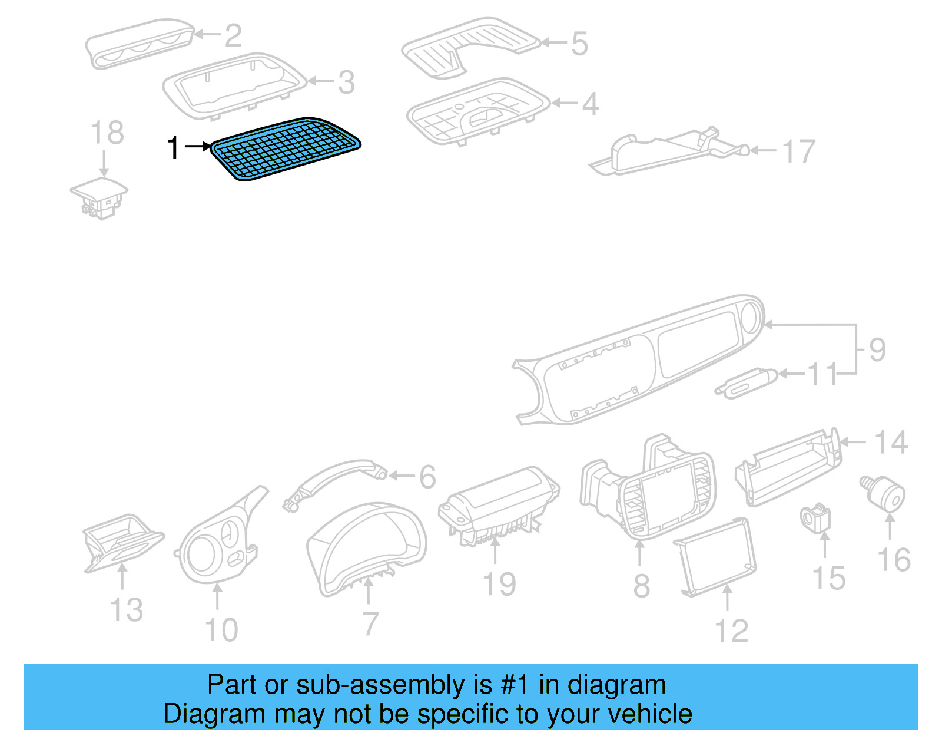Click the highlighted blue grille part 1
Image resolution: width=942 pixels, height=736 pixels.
[286, 148]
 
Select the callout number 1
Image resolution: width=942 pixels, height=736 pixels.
[173, 147]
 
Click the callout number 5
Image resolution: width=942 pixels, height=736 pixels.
[579, 44]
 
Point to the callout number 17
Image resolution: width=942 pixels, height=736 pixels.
[799, 151]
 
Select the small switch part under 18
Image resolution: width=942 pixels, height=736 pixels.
[99, 197]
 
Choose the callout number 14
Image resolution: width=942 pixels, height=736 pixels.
[890, 443]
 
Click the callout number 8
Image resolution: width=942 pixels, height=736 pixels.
[642, 586]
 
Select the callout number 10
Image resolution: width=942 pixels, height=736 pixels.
[221, 630]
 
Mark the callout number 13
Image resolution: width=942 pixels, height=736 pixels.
[127, 609]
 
